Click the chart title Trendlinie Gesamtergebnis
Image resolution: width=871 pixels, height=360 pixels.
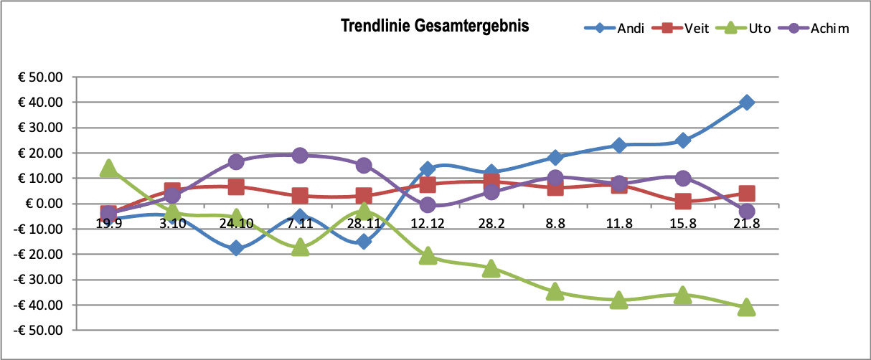(435, 27)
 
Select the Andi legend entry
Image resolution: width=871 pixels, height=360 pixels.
(630, 29)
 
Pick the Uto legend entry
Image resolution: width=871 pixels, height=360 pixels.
(759, 29)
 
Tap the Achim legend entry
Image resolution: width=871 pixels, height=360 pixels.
(829, 29)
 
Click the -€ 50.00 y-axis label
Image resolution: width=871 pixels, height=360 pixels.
(42, 331)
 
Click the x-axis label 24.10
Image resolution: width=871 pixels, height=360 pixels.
(236, 224)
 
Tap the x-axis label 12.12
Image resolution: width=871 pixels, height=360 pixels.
(428, 224)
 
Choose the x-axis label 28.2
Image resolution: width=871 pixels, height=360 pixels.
(491, 224)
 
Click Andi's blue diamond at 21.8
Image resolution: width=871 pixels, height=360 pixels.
(747, 103)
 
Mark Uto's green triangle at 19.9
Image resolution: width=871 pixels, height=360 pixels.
(108, 169)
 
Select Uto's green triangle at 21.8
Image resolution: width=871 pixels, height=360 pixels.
(747, 307)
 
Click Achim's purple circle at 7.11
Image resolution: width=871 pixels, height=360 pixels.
(300, 156)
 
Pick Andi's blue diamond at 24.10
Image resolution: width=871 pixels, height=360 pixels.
(236, 248)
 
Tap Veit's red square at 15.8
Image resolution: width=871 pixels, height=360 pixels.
(683, 202)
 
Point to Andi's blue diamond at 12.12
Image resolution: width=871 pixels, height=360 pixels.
(428, 169)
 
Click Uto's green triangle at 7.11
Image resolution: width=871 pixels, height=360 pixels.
(300, 248)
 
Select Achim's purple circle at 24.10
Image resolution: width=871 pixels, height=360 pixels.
(236, 162)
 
